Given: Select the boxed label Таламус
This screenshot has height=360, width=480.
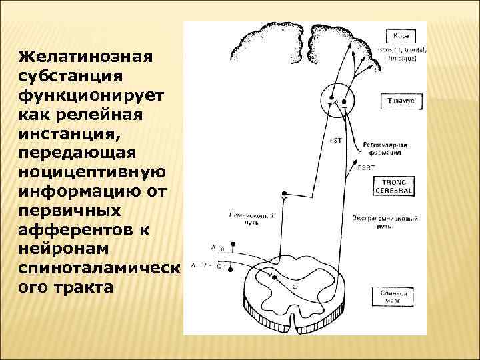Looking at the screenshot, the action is point(401,101).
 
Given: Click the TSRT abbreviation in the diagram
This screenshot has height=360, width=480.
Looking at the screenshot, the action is point(367,167).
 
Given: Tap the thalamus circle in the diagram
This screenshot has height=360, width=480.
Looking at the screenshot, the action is point(337,101).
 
